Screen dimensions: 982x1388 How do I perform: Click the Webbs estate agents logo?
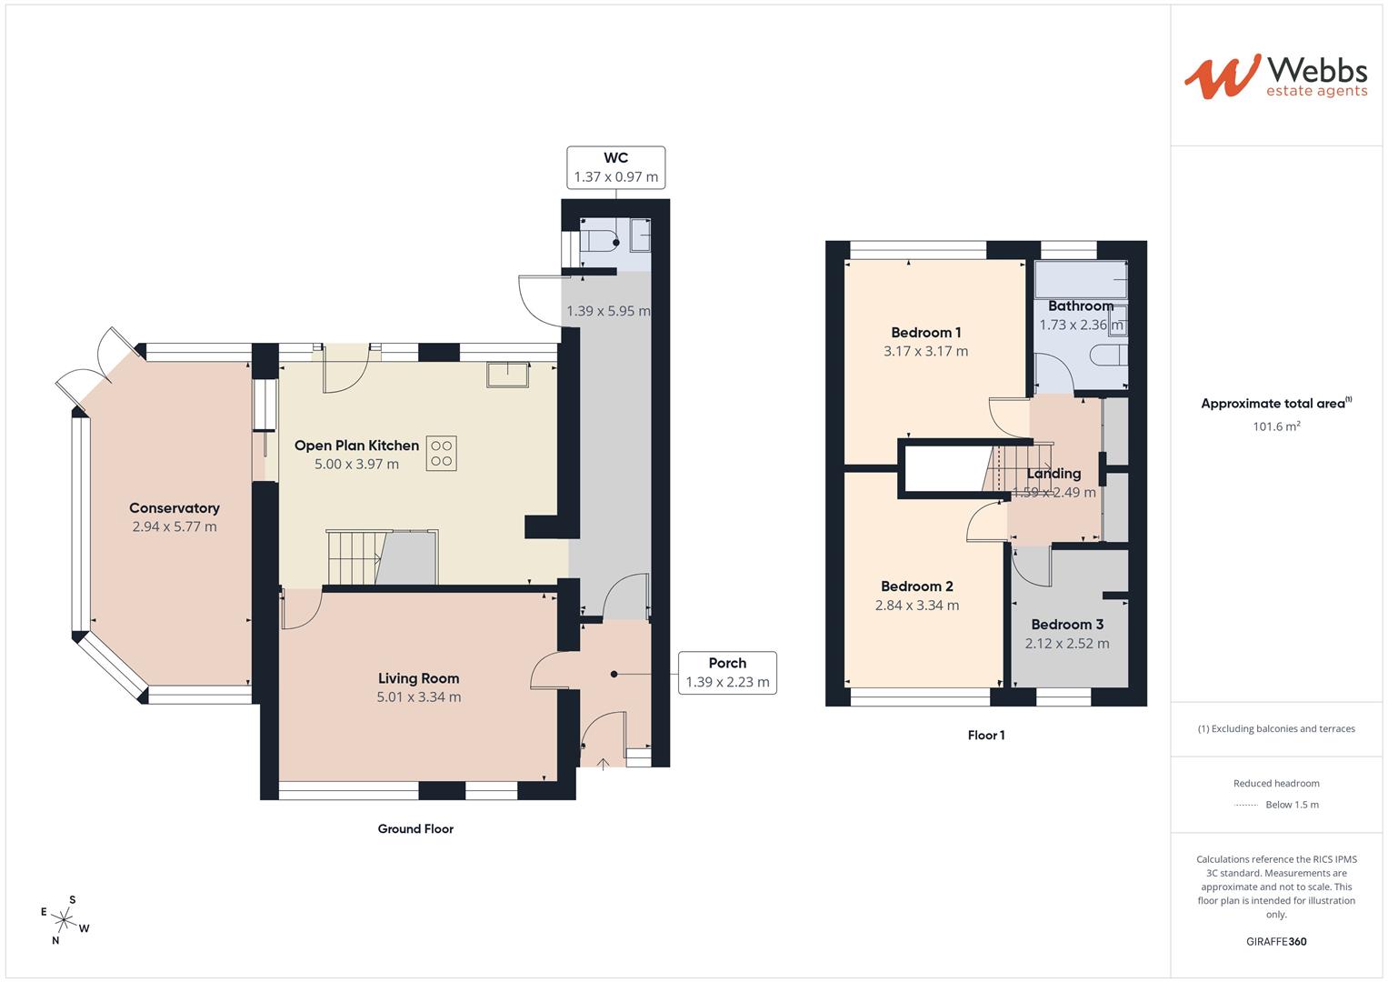point(1274,76)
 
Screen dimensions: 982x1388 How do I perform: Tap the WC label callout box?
point(615,167)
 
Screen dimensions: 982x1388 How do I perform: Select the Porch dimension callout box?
point(727,673)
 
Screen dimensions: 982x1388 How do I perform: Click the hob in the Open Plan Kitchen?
point(442,453)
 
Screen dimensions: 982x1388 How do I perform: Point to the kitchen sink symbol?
point(507,374)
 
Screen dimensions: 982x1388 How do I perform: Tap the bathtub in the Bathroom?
point(1080,279)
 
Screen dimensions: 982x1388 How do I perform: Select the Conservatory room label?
point(175,508)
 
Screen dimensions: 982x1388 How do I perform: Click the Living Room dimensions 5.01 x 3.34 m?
point(418,697)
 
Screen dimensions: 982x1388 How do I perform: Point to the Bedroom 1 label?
point(925,333)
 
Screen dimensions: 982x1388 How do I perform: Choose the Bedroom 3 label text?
point(1067,625)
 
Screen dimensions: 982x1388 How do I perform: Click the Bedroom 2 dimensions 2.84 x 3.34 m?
point(916,606)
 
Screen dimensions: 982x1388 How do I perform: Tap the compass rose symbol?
point(65,920)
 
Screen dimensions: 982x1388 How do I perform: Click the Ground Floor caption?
point(415,828)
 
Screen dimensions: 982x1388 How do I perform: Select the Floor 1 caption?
point(986,735)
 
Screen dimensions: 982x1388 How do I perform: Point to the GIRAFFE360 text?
point(1276,941)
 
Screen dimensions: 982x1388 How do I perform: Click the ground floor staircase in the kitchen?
point(354,557)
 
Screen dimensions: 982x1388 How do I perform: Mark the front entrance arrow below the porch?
point(604,763)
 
